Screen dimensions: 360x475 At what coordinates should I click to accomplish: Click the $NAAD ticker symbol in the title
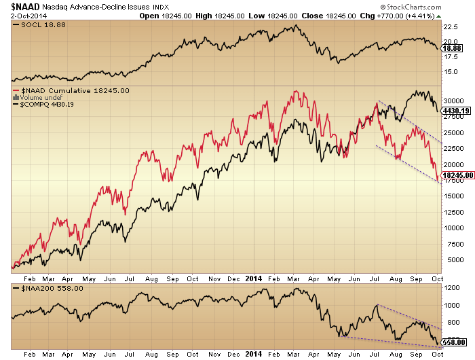click(x=20, y=6)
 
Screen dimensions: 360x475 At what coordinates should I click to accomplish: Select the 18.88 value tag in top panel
click(x=453, y=48)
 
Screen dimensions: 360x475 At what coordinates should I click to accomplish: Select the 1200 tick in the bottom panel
click(x=452, y=288)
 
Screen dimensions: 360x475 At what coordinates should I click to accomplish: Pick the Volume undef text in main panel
click(x=35, y=98)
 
